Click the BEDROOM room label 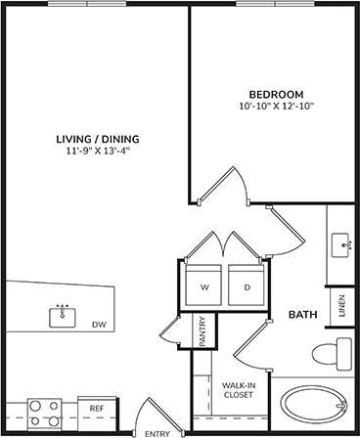point(268,93)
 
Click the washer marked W point(204,287)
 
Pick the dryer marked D point(247,287)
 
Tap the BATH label point(301,315)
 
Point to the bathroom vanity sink point(341,241)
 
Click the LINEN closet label point(341,306)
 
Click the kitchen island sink point(63,315)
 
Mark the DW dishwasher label point(98,325)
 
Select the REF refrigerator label point(97,408)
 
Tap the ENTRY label point(157,432)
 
